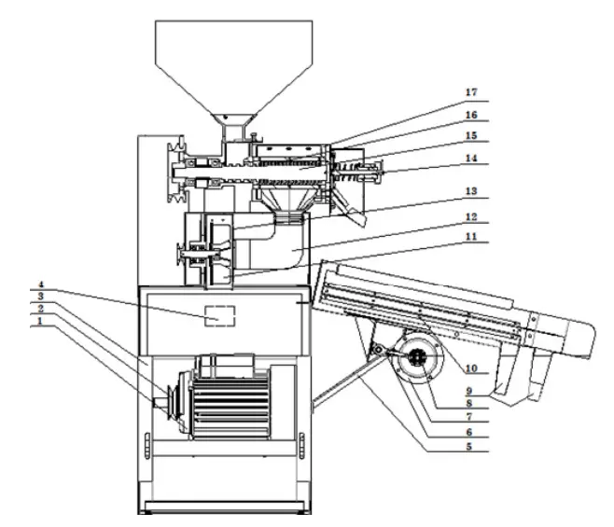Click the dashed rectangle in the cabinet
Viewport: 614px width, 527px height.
pos(220,317)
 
